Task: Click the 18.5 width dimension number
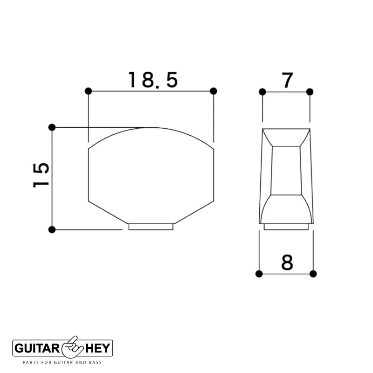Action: (153, 80)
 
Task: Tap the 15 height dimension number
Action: (41, 175)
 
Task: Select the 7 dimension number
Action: (286, 81)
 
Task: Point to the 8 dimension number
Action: (287, 263)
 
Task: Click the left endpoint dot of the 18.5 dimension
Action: (89, 90)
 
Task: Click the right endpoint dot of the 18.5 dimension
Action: (214, 90)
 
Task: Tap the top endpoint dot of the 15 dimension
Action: (52, 127)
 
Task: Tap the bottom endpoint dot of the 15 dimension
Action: (52, 229)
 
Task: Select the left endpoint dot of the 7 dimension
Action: (262, 91)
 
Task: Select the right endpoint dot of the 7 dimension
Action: (310, 91)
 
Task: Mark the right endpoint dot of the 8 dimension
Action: (313, 274)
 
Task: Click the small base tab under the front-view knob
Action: (151, 227)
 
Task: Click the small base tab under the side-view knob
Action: (286, 227)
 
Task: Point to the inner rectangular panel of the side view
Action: (286, 170)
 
